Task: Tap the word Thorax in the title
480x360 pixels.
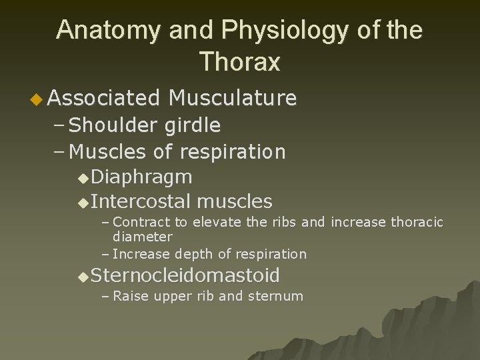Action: coord(239,62)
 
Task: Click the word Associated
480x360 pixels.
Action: coord(104,99)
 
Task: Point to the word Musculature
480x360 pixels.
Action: coord(233,99)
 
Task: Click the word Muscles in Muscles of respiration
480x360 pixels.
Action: coord(109,152)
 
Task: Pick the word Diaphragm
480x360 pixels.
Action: coord(141,177)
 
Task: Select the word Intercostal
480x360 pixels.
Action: coord(141,201)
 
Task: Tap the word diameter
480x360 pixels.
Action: coord(143,236)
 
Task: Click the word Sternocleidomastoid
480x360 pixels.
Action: coord(185,275)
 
